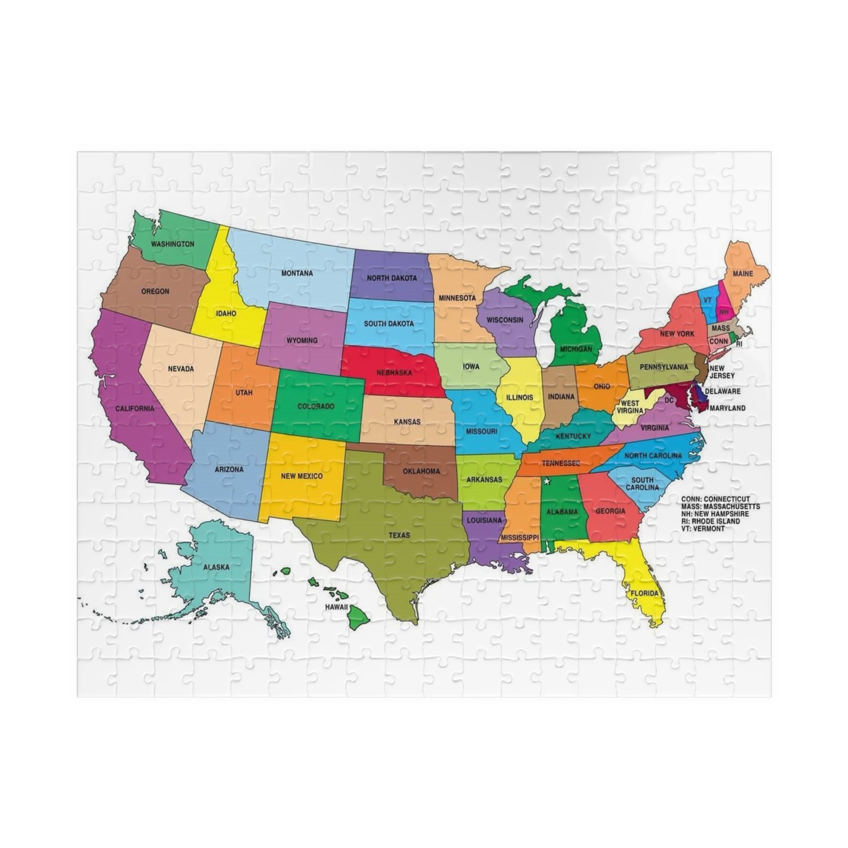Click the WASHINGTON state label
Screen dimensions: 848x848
tap(172, 244)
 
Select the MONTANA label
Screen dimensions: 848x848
tap(297, 273)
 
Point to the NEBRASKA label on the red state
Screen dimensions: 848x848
tap(394, 373)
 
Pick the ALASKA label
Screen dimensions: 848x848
tap(216, 567)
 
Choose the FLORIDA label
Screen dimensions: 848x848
tap(644, 593)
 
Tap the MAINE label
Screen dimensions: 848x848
tap(743, 274)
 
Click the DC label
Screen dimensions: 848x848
tap(669, 400)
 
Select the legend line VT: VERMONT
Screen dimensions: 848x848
tap(703, 528)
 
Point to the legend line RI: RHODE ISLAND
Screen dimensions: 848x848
tap(711, 521)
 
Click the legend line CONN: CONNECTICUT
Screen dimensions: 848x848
tap(715, 499)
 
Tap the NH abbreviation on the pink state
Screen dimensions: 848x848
tap(724, 312)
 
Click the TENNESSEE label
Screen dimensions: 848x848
tap(561, 463)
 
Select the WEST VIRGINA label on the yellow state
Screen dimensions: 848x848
tap(630, 407)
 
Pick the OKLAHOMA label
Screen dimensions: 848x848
tap(421, 471)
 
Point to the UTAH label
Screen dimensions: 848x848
tap(244, 393)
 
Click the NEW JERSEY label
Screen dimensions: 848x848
tap(722, 372)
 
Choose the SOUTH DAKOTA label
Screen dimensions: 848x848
tap(388, 323)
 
